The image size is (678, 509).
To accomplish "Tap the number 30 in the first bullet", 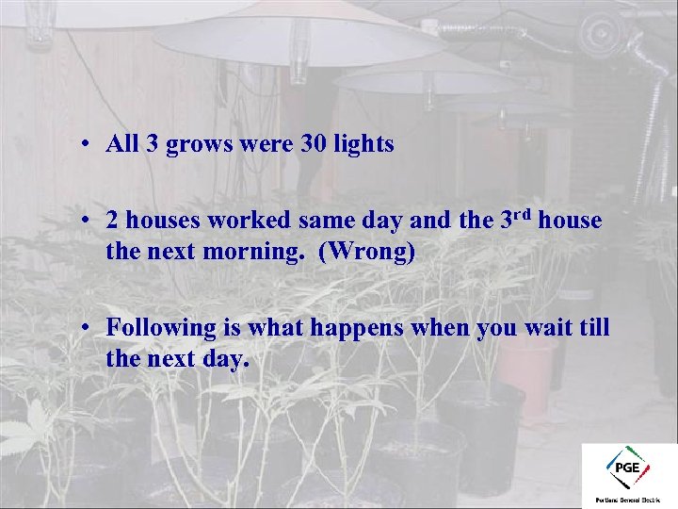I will [315, 144].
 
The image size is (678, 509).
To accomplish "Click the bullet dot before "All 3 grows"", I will [85, 145].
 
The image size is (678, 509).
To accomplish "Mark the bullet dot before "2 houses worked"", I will [85, 222].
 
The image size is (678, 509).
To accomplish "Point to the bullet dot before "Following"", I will [85, 328].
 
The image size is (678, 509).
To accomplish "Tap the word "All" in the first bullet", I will [122, 144].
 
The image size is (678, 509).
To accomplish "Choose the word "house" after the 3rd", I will [571, 222].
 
